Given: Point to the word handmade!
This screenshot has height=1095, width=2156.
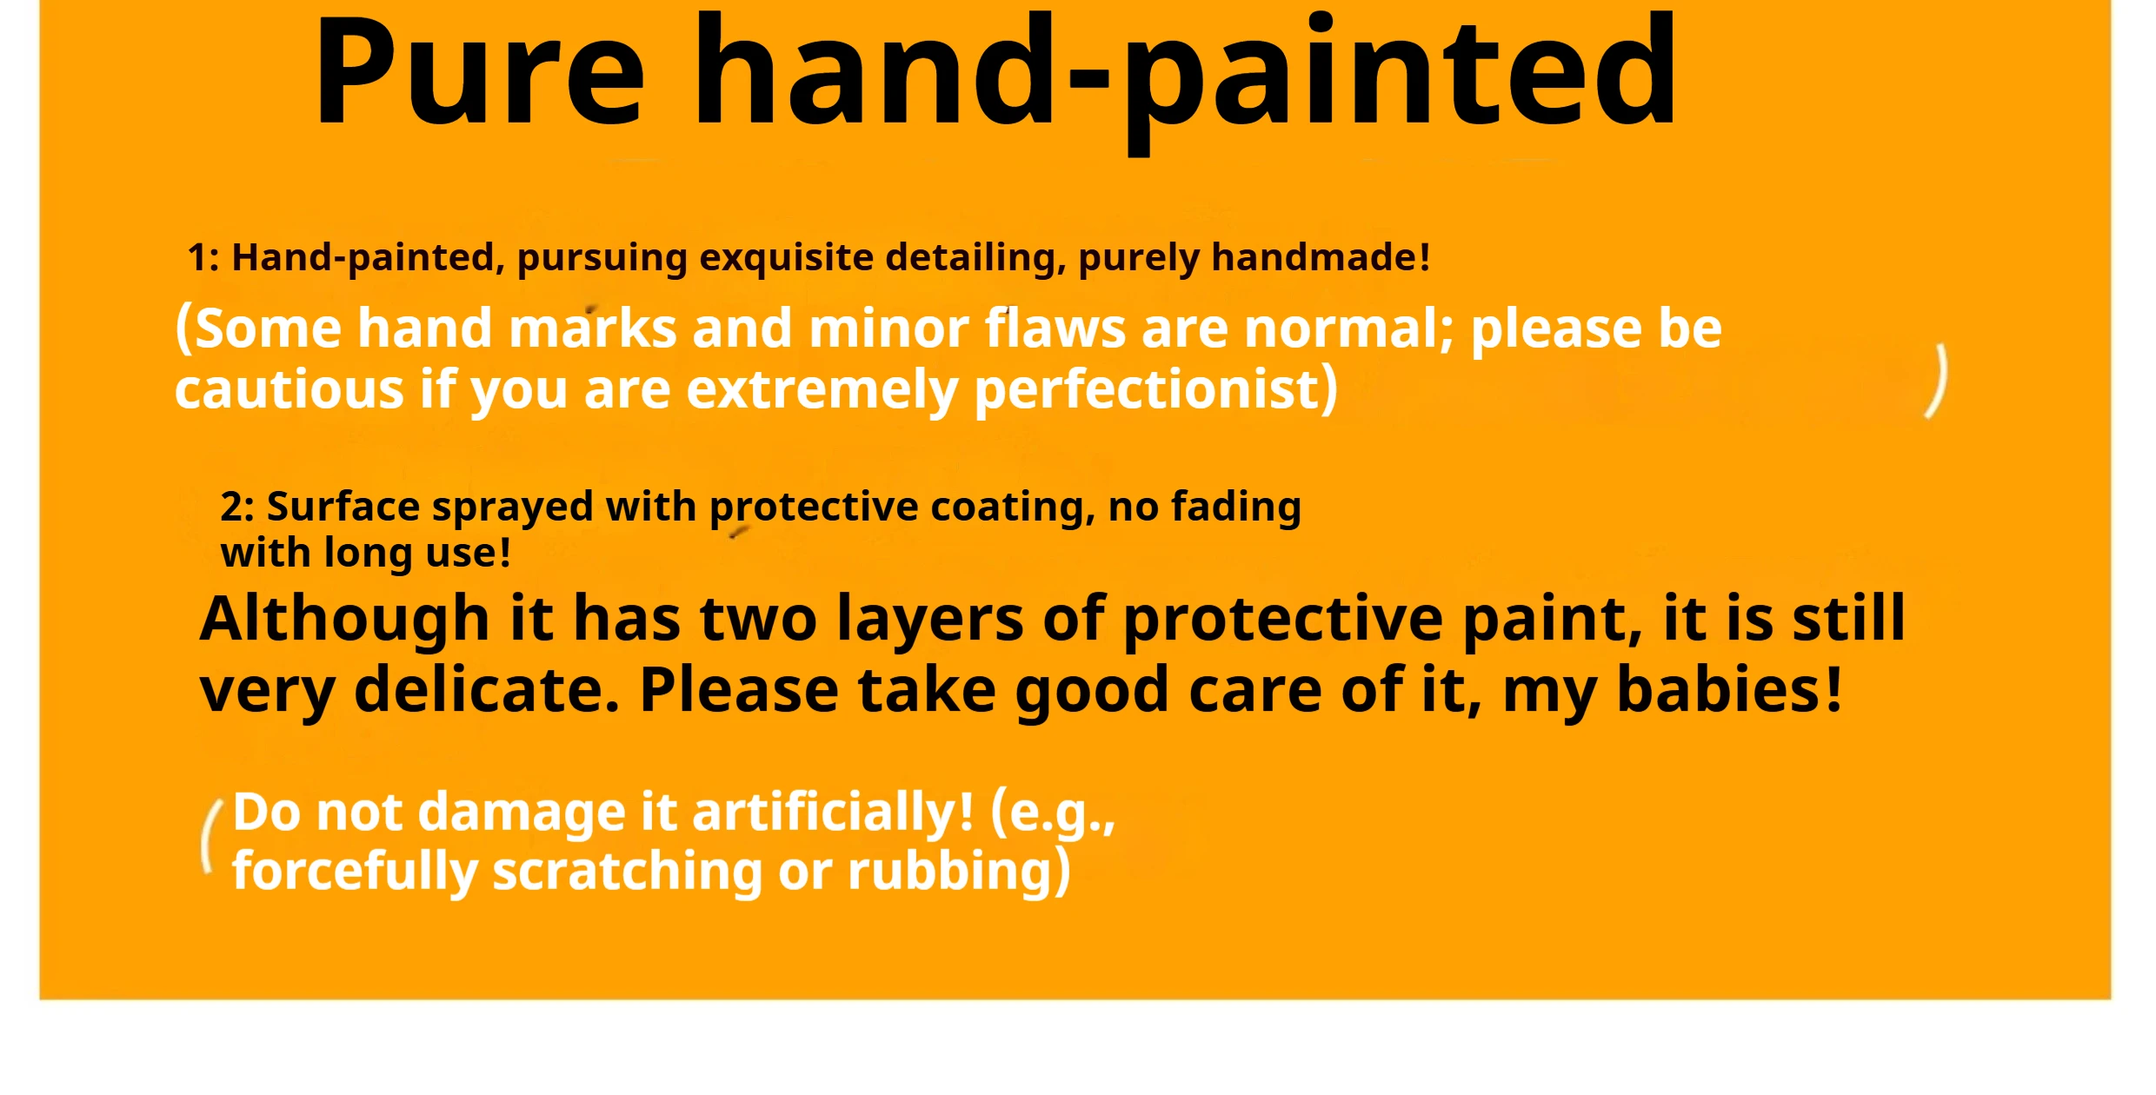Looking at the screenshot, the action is [x=1321, y=257].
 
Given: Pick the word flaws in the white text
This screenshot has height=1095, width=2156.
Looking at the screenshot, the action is [x=1055, y=328].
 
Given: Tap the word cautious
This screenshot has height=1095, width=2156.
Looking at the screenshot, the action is [x=289, y=388].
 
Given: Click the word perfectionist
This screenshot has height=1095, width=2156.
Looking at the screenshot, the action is [x=1148, y=389].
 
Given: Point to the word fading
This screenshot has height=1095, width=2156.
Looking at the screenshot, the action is [x=1236, y=508].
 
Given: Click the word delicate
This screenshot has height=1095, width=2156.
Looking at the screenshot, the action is [x=487, y=690].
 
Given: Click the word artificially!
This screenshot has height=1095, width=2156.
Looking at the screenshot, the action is [x=833, y=813].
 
